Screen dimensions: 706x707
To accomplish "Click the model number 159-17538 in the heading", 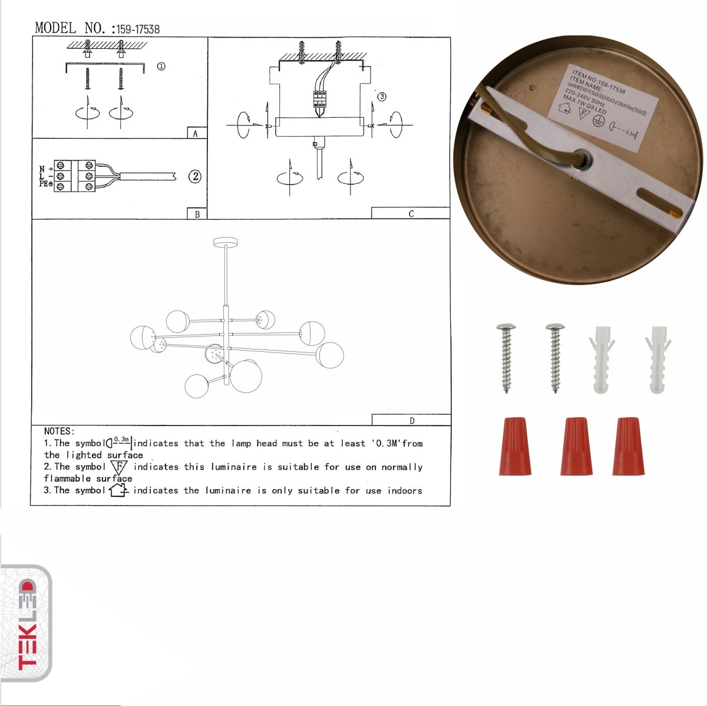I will tap(138, 29).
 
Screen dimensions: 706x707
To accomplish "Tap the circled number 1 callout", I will tap(161, 67).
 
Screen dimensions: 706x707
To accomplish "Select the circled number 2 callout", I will tap(194, 176).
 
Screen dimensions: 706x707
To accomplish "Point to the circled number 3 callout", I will tap(381, 97).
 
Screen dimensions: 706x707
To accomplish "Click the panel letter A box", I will tap(196, 133).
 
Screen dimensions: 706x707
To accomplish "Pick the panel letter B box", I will tap(197, 214).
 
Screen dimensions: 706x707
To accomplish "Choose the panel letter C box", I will tap(410, 213).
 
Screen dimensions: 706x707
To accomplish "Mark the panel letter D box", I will tap(411, 420).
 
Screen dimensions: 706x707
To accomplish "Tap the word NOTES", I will tap(59, 431).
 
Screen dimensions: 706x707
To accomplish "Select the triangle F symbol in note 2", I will tap(119, 467).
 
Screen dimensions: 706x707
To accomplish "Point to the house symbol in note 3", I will tap(118, 490).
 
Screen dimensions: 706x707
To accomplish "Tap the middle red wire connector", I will tap(576, 446).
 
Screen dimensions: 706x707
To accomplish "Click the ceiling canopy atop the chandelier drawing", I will tap(225, 242).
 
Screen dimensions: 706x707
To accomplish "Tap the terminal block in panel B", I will tap(75, 176).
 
